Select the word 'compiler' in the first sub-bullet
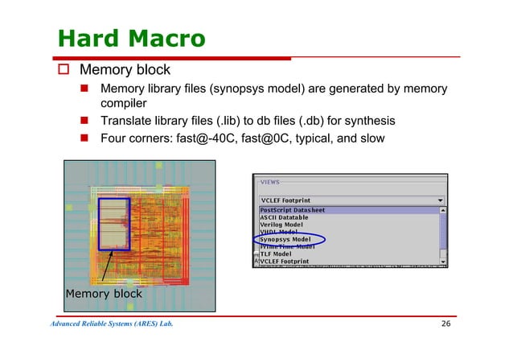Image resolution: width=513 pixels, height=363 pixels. point(123,104)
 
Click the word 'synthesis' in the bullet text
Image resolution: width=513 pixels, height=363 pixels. point(367,121)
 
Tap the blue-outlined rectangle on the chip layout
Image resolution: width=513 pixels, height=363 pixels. point(114,223)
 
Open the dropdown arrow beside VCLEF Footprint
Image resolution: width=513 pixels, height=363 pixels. point(439,200)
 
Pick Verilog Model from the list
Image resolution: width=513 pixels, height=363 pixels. point(285,225)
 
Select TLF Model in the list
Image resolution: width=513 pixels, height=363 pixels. point(276,254)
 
